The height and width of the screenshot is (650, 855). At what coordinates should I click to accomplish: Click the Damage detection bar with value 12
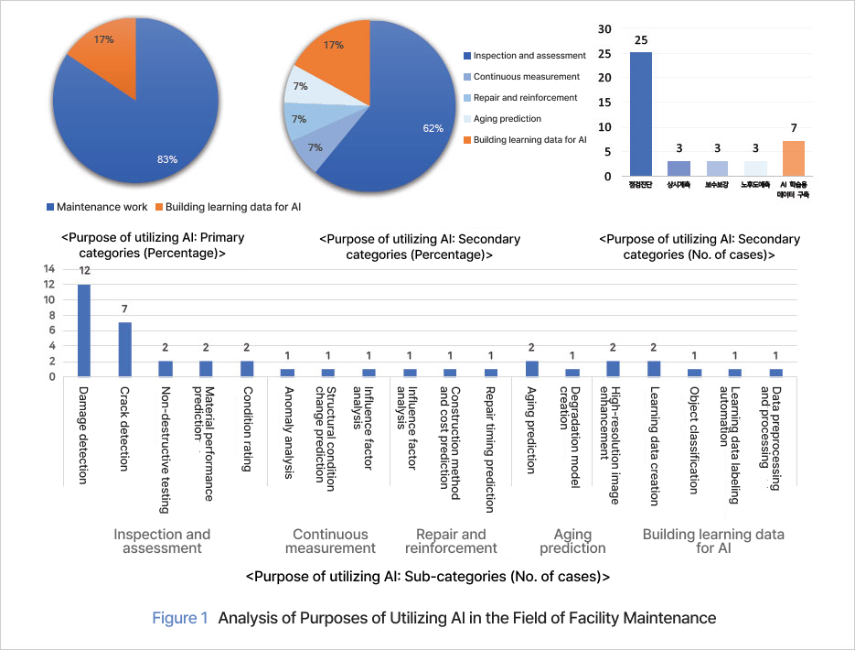[x=84, y=330]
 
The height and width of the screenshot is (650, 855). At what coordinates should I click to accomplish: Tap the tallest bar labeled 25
[x=641, y=114]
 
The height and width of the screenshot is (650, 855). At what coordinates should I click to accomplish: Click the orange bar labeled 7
[x=795, y=157]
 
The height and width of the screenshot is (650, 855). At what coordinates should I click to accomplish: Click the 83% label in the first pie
[x=167, y=159]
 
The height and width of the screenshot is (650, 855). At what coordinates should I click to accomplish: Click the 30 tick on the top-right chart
[x=604, y=29]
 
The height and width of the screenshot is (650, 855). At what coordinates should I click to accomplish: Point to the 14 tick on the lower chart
[x=50, y=269]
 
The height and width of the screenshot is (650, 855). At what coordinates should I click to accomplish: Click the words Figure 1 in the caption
[x=180, y=619]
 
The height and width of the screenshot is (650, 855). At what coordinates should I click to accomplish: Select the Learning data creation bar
[x=654, y=368]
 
